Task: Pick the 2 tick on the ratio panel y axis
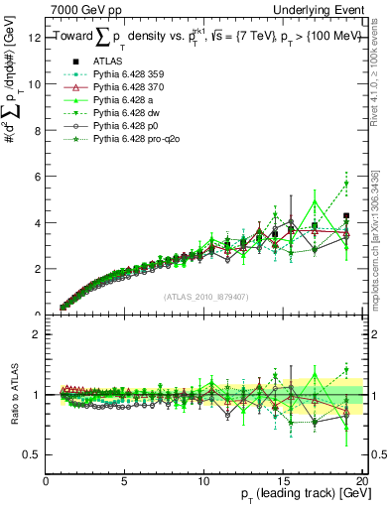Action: click(36, 334)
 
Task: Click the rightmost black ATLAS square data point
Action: click(346, 216)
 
